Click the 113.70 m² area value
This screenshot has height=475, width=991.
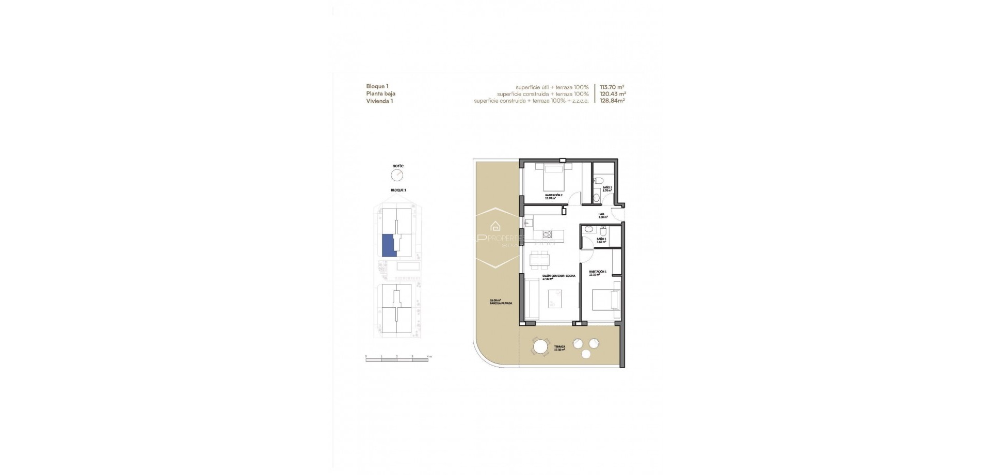[x=613, y=87]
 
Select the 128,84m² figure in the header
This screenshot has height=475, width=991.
[x=613, y=101]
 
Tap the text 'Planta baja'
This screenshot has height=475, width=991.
[x=380, y=94]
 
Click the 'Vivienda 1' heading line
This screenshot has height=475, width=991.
[x=379, y=101]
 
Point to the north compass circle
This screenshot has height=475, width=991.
[x=397, y=176]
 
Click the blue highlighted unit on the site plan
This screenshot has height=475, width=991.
[x=388, y=245]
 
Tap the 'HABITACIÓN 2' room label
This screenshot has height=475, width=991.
[x=553, y=195]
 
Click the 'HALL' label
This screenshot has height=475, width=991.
[x=601, y=214]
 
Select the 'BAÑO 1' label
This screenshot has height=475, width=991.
[x=601, y=239]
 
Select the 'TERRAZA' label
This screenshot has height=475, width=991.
[x=560, y=347]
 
